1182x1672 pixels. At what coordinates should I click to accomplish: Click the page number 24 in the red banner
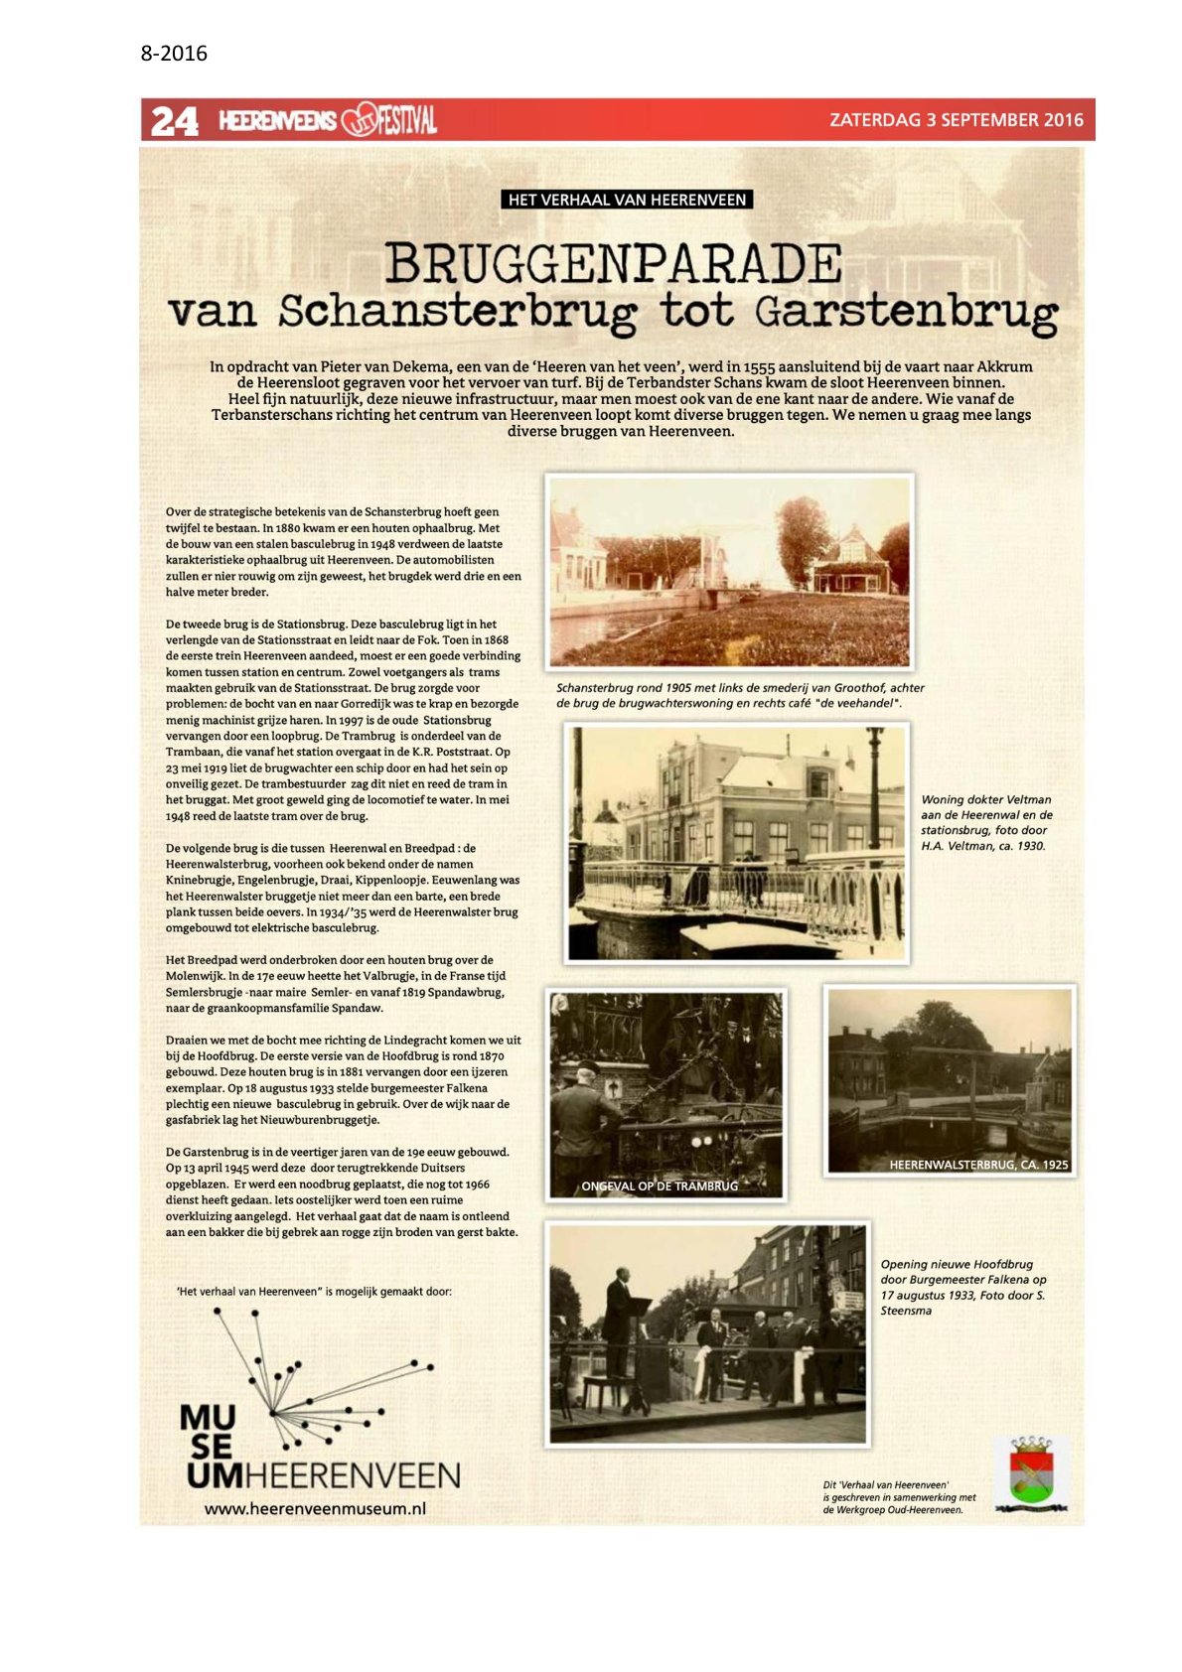[x=174, y=121]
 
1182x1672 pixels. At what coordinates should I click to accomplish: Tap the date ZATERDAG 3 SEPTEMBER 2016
[x=956, y=120]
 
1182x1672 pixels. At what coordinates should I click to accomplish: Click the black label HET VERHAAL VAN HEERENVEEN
[x=627, y=200]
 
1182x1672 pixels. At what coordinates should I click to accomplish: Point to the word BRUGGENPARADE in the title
[x=613, y=264]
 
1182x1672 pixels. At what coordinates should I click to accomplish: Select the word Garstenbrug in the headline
[x=905, y=312]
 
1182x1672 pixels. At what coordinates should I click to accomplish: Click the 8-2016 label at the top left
[x=174, y=54]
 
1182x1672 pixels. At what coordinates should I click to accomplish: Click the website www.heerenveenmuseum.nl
[x=315, y=1508]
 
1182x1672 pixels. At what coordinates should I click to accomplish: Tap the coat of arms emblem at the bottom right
[x=1031, y=1474]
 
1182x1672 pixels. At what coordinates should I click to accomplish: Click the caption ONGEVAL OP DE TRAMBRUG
[x=660, y=1185]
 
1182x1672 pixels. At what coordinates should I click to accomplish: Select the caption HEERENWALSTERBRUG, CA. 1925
[x=978, y=1165]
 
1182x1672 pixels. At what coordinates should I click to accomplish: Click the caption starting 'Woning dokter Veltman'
[x=985, y=822]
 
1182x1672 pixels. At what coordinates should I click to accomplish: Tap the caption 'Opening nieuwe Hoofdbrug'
[x=961, y=1287]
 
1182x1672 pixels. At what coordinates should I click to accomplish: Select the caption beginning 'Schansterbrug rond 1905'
[x=740, y=695]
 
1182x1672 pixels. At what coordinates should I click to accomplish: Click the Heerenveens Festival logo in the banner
[x=328, y=121]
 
